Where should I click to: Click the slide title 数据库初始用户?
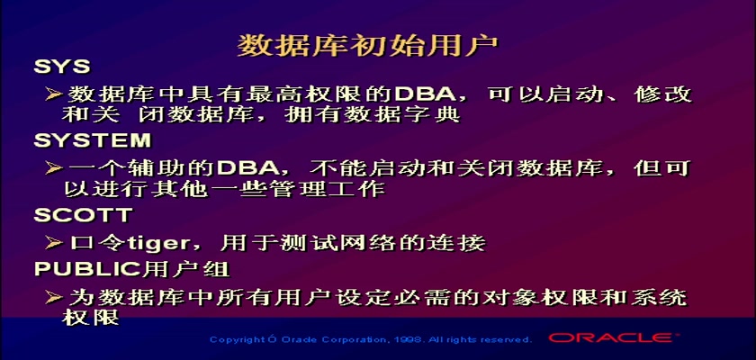coord(368,46)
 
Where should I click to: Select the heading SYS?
coord(62,67)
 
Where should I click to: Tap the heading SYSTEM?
coord(93,140)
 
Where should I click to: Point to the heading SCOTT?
coord(84,215)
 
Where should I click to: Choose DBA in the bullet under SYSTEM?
coord(247,167)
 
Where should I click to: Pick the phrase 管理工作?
coord(325,188)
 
